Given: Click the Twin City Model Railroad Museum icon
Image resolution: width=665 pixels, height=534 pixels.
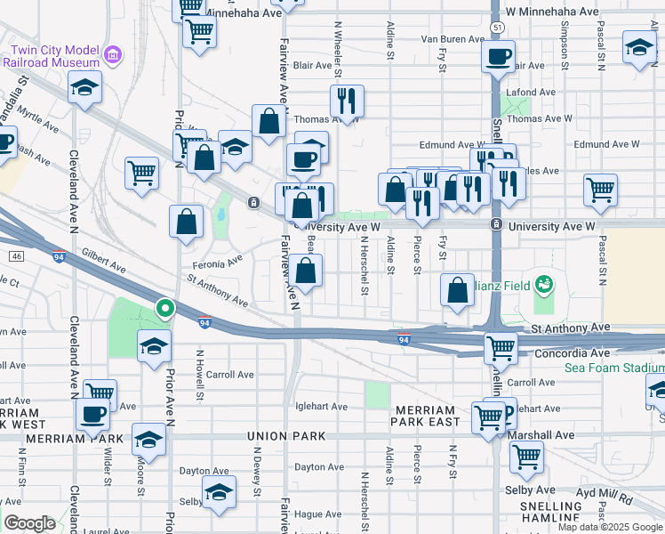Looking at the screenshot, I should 112,57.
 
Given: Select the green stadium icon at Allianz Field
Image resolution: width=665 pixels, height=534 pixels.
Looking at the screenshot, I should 543,285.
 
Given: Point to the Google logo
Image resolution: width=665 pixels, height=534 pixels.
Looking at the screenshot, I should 29,523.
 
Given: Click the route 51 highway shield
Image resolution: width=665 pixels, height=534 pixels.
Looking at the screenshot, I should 477,28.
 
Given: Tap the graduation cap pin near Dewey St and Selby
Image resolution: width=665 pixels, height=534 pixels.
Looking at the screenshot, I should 219,490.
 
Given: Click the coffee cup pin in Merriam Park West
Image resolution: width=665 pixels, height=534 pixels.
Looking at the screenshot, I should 93,413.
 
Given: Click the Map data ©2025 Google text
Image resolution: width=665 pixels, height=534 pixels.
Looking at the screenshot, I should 610,527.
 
